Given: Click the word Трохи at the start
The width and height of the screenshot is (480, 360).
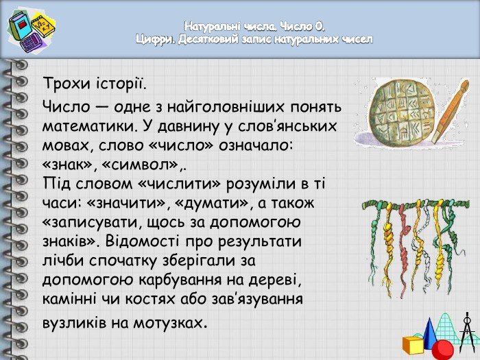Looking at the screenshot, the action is (67, 83).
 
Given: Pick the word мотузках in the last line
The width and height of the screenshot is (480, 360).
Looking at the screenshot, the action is (167, 322).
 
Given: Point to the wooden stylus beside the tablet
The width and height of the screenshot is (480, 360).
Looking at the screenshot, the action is (451, 111).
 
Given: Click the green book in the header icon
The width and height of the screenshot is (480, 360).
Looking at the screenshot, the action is (21, 26).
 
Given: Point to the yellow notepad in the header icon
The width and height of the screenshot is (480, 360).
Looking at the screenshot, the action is (43, 25).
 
